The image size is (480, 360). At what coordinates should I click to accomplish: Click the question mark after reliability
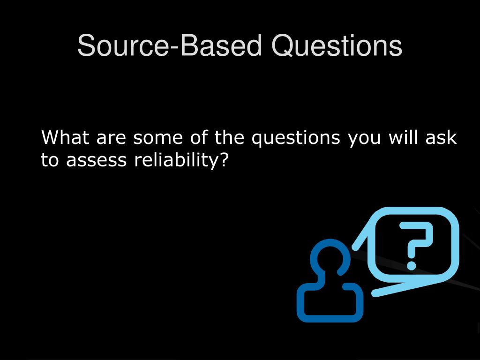pos(224,160)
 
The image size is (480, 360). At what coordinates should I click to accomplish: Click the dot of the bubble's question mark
pos(412,265)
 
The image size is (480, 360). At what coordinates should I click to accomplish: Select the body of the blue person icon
pos(330,302)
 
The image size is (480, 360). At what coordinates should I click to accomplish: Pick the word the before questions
pos(230,138)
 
